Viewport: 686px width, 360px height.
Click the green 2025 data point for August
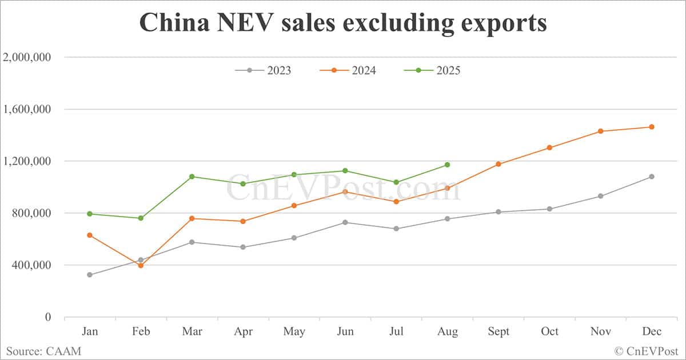click(x=447, y=165)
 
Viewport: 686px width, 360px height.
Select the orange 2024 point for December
click(x=651, y=127)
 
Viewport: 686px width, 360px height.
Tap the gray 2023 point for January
click(x=90, y=275)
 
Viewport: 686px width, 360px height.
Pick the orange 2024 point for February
click(x=141, y=266)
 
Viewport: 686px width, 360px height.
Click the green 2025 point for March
click(x=192, y=177)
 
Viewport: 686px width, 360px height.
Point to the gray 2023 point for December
click(x=651, y=177)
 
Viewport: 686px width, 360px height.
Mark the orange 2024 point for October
click(x=549, y=147)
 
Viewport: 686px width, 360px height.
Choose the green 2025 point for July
click(x=396, y=182)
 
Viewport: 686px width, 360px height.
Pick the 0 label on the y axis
click(x=48, y=317)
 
